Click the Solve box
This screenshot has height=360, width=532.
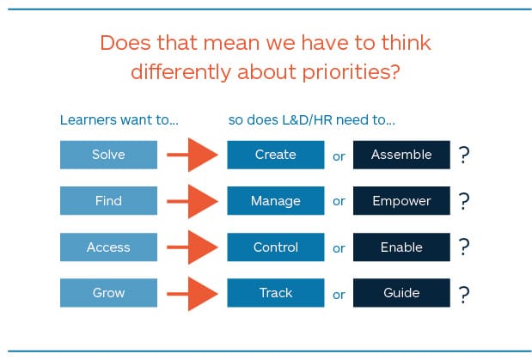(x=108, y=155)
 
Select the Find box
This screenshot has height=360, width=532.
(x=108, y=200)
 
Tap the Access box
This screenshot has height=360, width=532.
(x=108, y=247)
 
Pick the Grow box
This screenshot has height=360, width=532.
(x=108, y=293)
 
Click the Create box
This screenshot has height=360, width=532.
(x=276, y=155)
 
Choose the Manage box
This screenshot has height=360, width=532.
(x=276, y=200)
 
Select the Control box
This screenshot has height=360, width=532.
(x=276, y=247)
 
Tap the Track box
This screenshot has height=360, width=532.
(x=276, y=293)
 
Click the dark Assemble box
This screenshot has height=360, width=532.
(x=401, y=155)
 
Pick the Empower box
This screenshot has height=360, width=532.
(x=401, y=200)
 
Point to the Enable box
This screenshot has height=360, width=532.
(x=401, y=247)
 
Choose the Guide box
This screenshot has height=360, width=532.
(x=401, y=293)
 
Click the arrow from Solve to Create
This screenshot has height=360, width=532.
(x=193, y=155)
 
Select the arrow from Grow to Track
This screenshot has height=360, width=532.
(x=193, y=294)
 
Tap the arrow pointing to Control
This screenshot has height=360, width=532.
(x=193, y=247)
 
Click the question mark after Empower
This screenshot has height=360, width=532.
(x=464, y=201)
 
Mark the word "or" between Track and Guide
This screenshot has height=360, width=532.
(x=339, y=295)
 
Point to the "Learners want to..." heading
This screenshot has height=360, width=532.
(x=119, y=120)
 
